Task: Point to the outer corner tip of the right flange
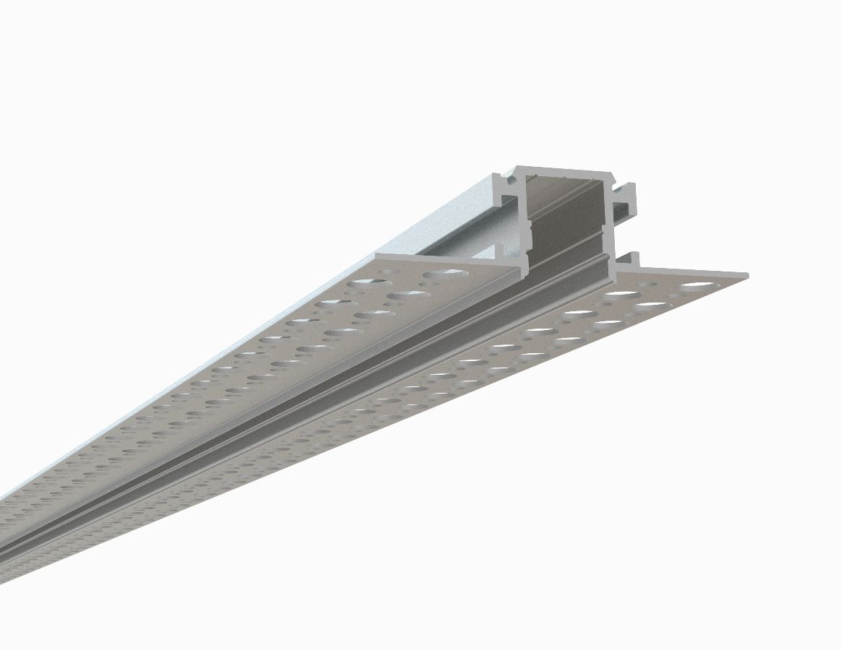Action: pyautogui.click(x=746, y=275)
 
